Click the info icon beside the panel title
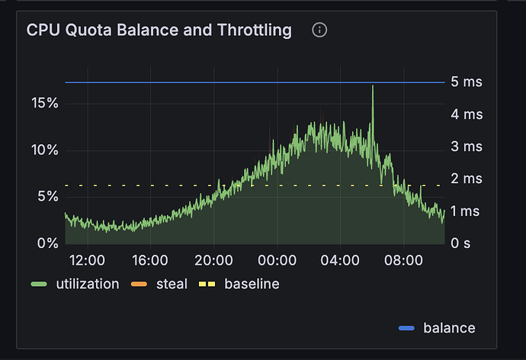tap(320, 31)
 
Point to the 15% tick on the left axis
tap(44, 103)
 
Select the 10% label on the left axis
tap(44, 149)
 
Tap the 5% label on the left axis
tap(48, 197)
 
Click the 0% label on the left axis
tap(48, 243)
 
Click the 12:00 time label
tap(86, 260)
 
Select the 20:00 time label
tap(213, 260)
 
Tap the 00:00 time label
tap(277, 260)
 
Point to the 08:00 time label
tap(403, 260)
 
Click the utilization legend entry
tap(87, 284)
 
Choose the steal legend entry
tap(172, 284)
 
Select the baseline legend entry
tap(252, 284)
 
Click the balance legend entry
tap(449, 328)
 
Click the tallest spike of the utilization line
tap(373, 86)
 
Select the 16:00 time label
tap(149, 260)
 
